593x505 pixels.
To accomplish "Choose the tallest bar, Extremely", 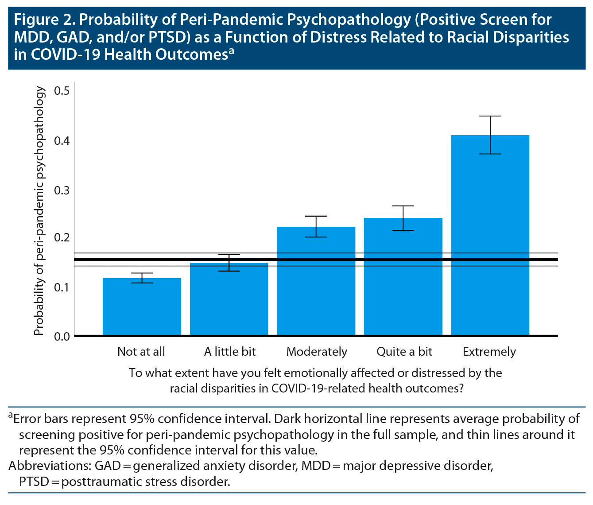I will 490,235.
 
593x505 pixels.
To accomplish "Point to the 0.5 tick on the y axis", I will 62,91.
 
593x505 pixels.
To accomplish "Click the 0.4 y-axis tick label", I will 62,141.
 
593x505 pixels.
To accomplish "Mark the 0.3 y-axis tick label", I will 62,190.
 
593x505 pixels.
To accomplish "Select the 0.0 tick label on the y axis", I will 62,337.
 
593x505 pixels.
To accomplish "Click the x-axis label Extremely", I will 489,352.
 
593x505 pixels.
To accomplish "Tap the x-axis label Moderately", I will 317,352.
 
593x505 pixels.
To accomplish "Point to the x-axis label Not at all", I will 141,352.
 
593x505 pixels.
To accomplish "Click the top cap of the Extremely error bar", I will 490,116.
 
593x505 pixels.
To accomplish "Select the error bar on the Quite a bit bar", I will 403,218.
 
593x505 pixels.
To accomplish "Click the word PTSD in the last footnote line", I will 34,482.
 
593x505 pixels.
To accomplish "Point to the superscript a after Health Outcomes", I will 231,51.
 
